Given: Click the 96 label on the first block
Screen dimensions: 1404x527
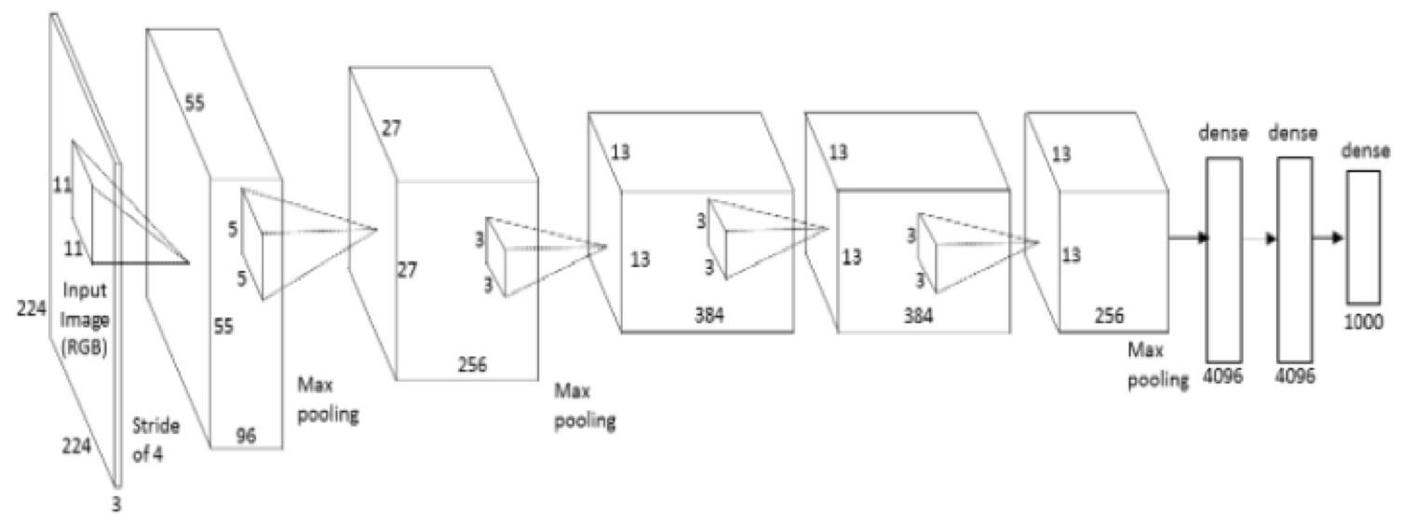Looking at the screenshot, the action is tap(247, 434).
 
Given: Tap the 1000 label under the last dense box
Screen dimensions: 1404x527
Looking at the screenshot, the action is tap(1363, 322).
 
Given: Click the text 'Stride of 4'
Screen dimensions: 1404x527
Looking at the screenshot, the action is tap(155, 439).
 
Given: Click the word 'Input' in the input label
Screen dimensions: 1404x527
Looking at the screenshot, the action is tap(86, 291).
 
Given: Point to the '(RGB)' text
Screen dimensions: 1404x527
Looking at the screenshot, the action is tap(85, 347).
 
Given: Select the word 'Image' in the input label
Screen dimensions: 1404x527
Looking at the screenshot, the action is tap(85, 319).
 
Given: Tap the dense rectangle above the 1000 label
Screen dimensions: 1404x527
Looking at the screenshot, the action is tap(1363, 237).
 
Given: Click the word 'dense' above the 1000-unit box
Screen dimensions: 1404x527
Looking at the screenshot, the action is tap(1365, 151).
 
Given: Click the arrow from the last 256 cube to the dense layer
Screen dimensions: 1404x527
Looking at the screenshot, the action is tap(1188, 237).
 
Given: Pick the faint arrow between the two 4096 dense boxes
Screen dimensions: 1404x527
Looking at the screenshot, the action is tap(1260, 238).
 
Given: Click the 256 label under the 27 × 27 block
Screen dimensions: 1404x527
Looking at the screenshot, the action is tap(472, 364).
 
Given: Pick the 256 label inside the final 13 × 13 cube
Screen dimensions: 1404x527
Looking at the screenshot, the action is tap(1109, 316).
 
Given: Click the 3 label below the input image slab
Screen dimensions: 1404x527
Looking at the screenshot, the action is tap(116, 504).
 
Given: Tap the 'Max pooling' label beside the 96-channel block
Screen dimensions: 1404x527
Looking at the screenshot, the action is tap(327, 399).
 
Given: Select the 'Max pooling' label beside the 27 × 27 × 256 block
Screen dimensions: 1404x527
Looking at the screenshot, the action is tap(584, 406).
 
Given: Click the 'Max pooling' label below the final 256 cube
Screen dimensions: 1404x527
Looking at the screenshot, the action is tap(1157, 365).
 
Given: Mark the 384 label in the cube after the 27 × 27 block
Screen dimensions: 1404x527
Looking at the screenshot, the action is tap(709, 315).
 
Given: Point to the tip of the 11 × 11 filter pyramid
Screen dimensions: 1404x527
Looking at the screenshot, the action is tap(189, 263).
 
